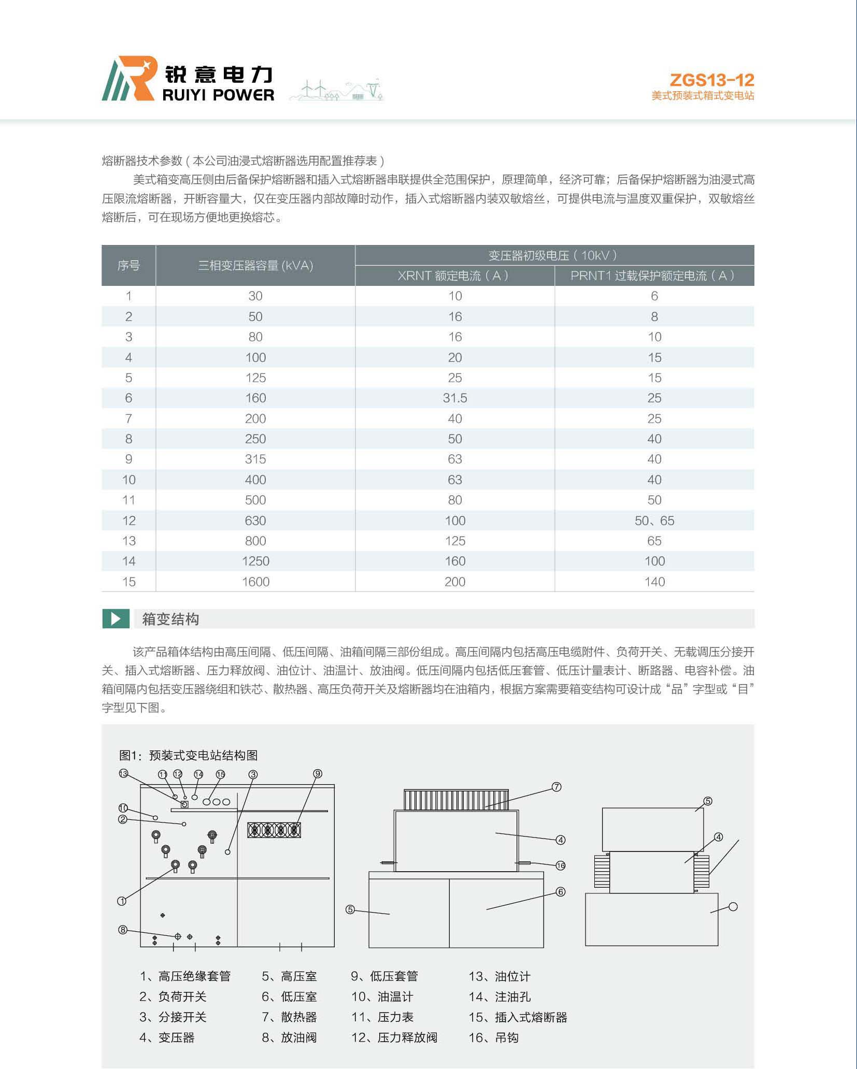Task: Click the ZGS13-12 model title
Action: click(711, 80)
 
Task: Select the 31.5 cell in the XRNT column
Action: click(454, 398)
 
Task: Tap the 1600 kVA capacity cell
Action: click(255, 582)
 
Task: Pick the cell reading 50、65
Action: click(654, 521)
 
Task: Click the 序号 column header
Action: click(128, 265)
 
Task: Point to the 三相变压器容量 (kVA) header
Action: click(255, 265)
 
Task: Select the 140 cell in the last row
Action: click(654, 582)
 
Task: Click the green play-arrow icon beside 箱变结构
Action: click(116, 619)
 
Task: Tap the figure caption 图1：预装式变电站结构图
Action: click(189, 755)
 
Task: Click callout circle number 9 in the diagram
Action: click(318, 774)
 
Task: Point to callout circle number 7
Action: click(556, 787)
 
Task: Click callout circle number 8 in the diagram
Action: click(123, 930)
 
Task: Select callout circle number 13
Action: click(123, 773)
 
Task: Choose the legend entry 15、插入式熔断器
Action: click(518, 1017)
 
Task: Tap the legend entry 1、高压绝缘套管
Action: click(185, 976)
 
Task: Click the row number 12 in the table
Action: click(128, 521)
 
